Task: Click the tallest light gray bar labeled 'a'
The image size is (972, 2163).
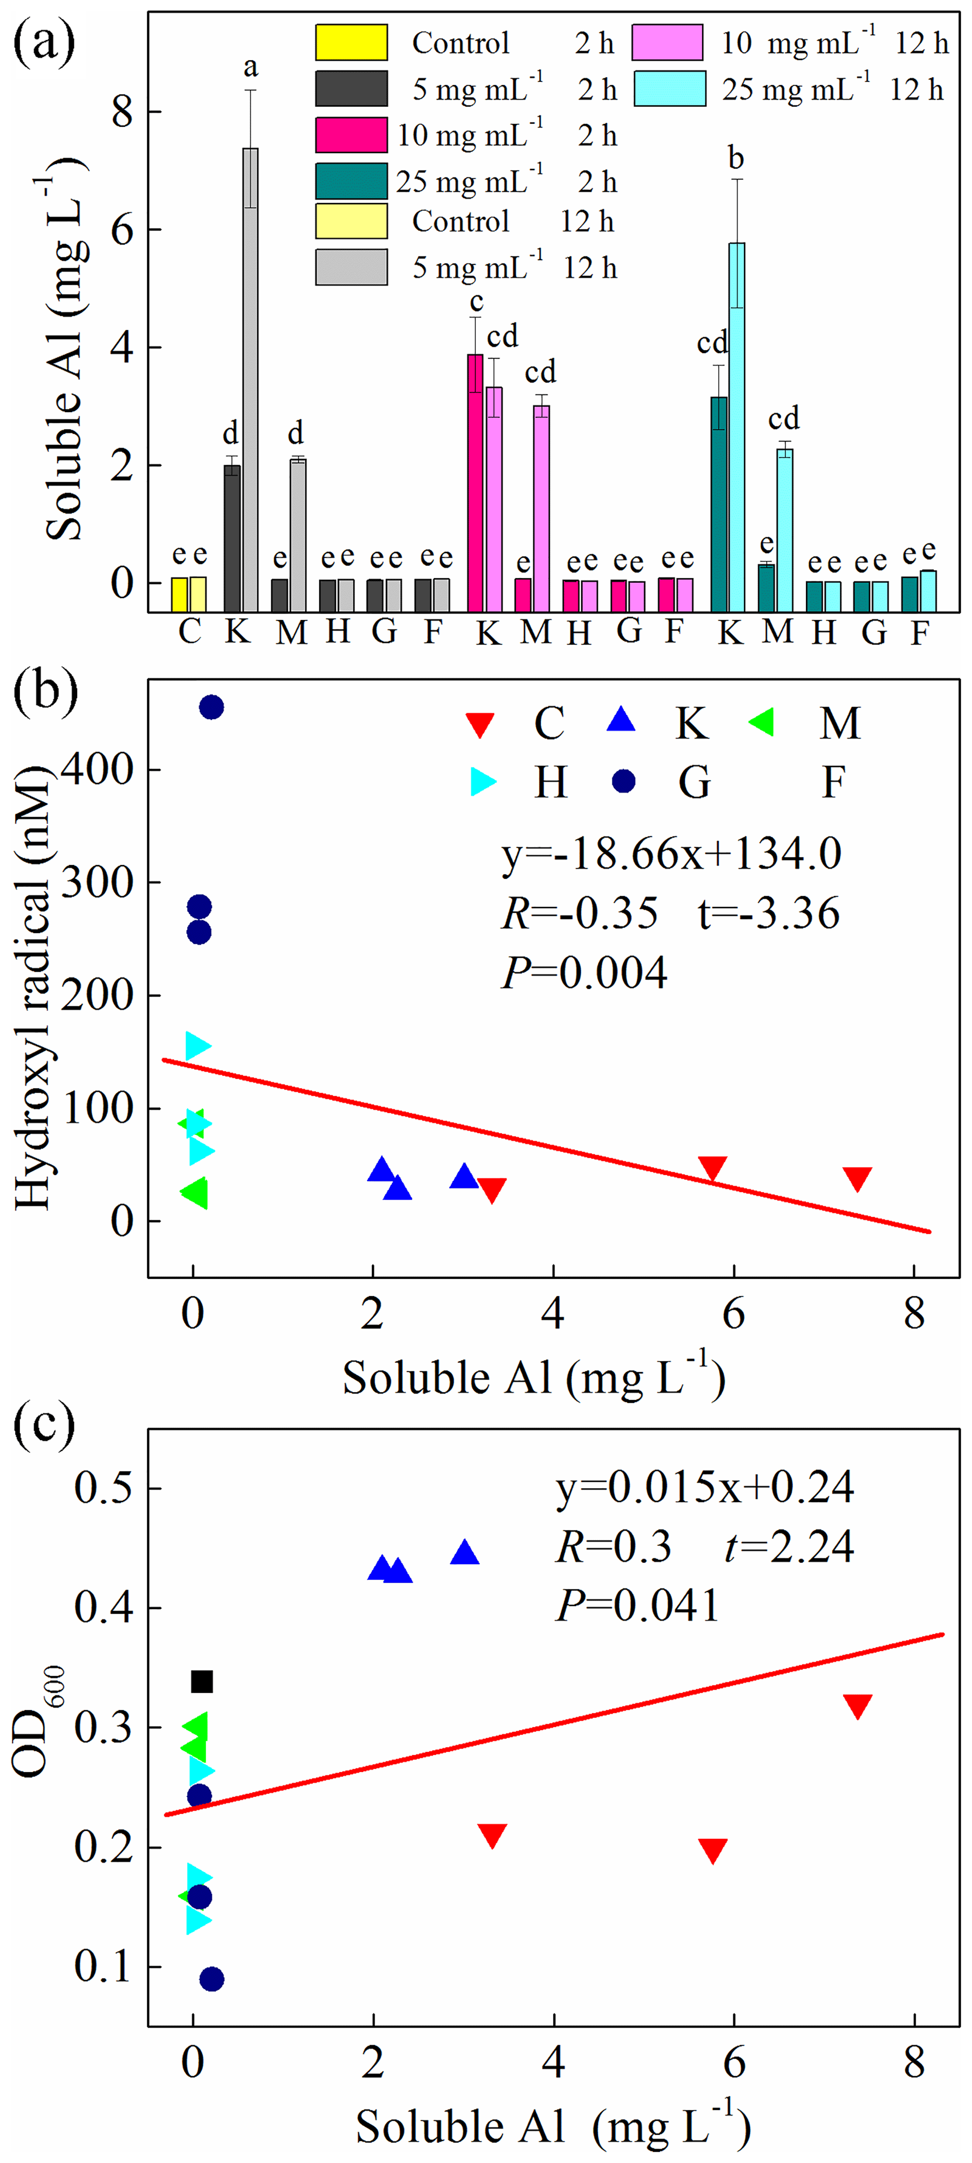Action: (250, 378)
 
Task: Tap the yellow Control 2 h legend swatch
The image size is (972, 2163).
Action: (351, 43)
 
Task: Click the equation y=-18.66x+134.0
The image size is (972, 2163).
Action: (671, 854)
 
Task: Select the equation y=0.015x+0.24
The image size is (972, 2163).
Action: (704, 1487)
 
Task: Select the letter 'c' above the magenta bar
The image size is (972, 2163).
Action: (476, 302)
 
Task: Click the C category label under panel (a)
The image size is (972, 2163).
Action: (190, 630)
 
